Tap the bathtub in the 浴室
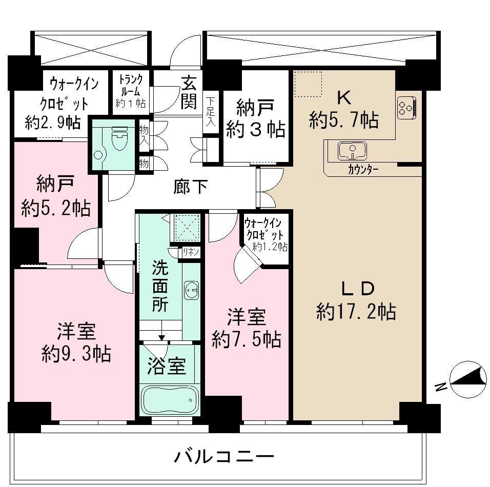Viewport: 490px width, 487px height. [x=170, y=399]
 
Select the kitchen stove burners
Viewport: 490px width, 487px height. [x=406, y=108]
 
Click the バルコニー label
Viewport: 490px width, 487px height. [x=223, y=456]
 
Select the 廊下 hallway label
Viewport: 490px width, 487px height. [x=190, y=188]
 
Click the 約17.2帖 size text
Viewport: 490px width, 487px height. [x=356, y=311]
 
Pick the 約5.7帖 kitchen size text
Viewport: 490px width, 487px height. [x=344, y=120]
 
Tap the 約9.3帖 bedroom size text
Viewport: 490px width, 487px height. [x=76, y=354]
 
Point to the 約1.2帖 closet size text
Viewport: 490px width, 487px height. [x=270, y=247]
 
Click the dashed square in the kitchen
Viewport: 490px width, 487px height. [x=308, y=84]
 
